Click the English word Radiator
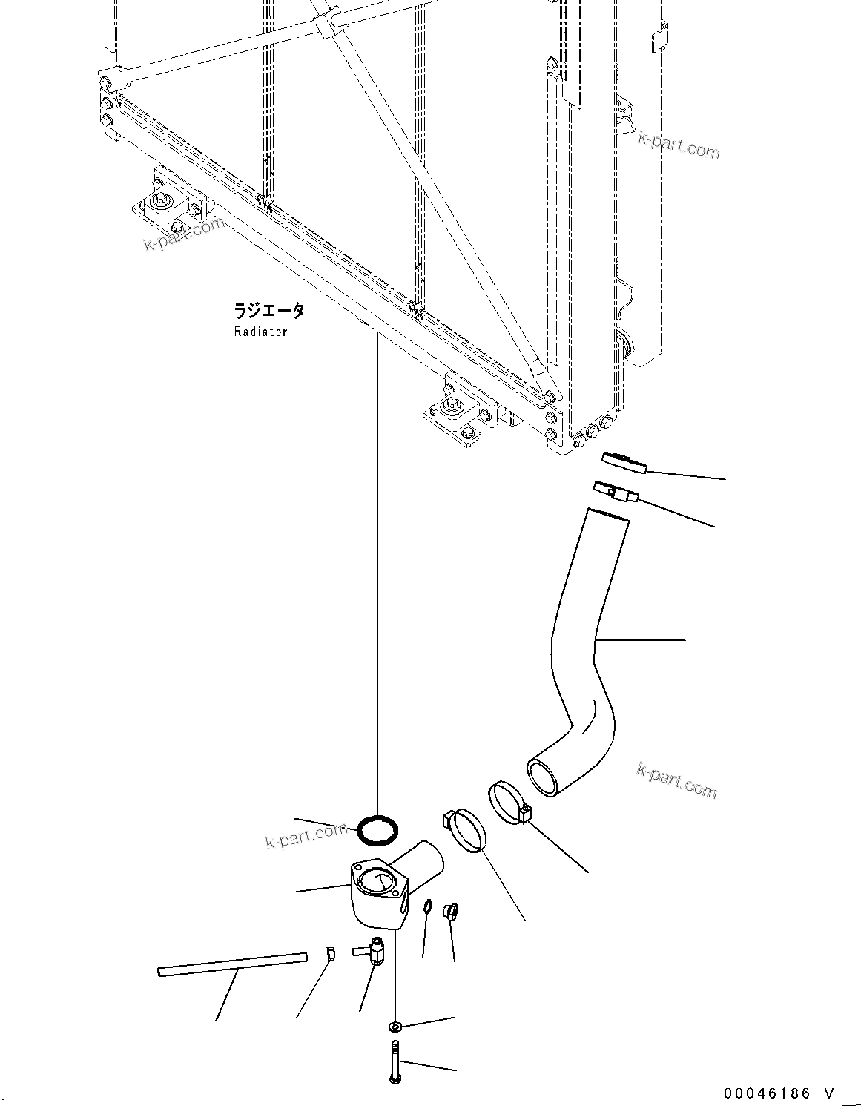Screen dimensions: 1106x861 point(260,332)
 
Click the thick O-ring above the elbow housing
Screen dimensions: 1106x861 point(377,830)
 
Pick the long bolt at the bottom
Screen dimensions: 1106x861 point(394,1061)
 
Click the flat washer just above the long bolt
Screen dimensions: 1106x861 point(395,1027)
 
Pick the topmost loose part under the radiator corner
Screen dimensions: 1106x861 point(624,462)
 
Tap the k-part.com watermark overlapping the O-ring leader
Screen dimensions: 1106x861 point(306,836)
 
